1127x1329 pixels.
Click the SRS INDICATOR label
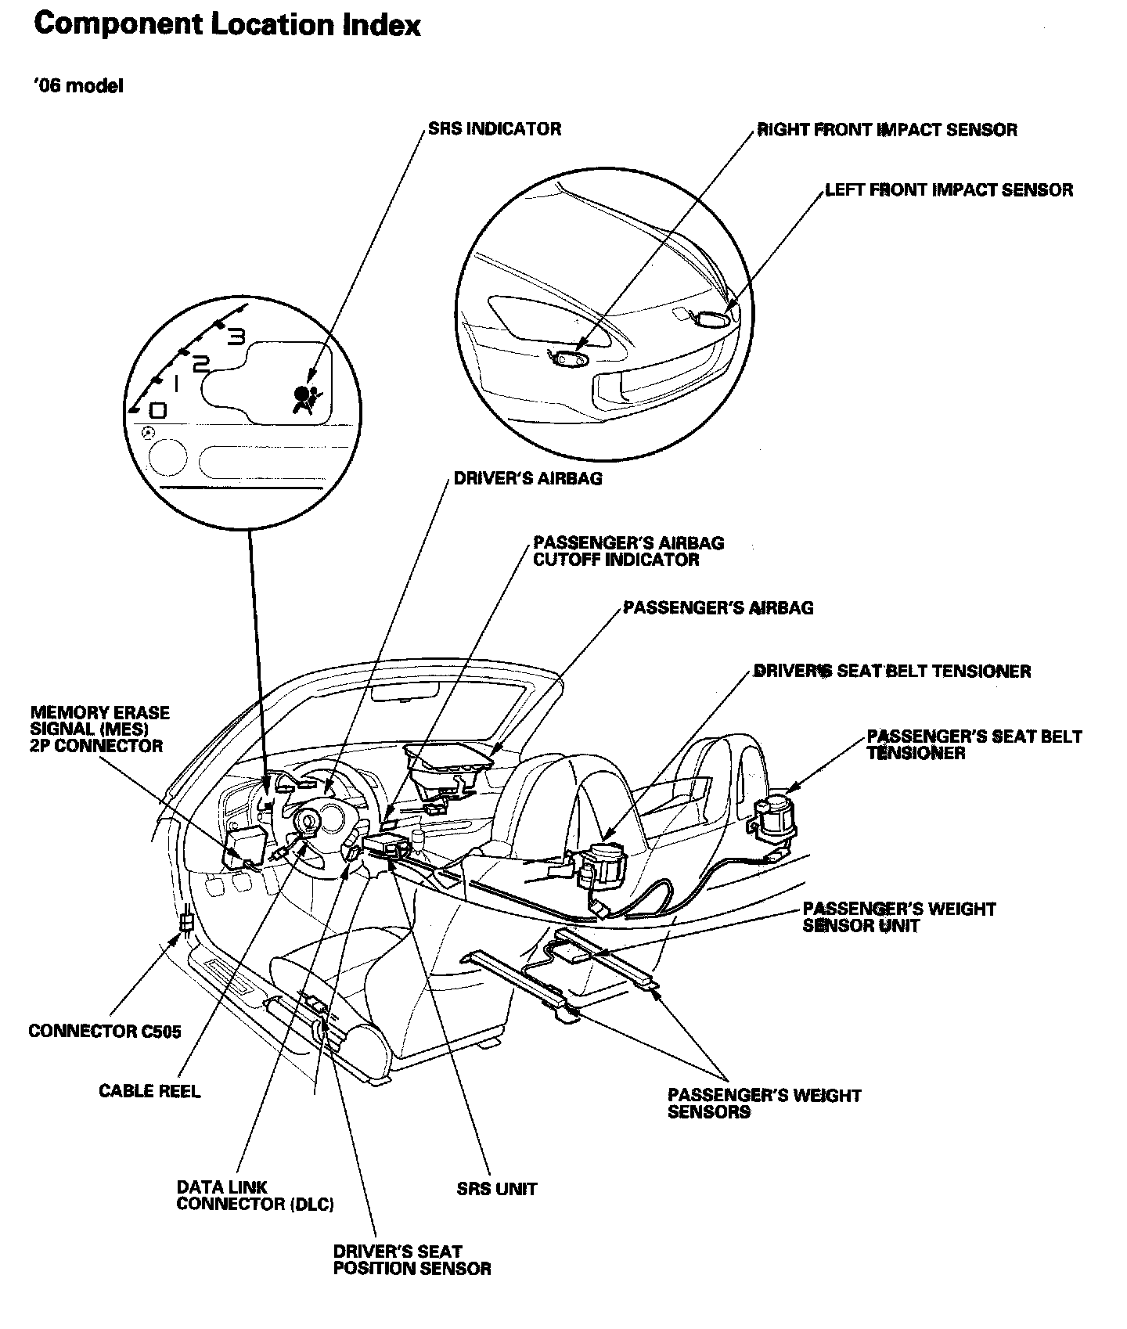(494, 129)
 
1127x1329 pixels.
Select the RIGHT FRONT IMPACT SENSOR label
(887, 130)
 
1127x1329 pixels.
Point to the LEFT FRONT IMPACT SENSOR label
(949, 190)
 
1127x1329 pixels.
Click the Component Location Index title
(228, 26)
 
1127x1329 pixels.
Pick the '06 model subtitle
(78, 86)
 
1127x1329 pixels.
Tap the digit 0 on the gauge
(157, 410)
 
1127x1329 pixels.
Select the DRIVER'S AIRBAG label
(527, 478)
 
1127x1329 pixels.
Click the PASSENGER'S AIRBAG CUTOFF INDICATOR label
(628, 551)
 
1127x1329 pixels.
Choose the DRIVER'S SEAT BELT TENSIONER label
(892, 672)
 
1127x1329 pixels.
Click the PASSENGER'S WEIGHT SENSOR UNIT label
(898, 917)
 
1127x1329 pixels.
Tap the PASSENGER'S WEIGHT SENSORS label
(764, 1104)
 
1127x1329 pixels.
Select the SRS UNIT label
(497, 1189)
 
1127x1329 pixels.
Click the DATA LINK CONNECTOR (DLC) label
(255, 1195)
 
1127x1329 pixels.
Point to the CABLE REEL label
(149, 1091)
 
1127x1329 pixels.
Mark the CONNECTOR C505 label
(104, 1031)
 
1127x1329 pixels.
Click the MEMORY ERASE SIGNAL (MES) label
(100, 729)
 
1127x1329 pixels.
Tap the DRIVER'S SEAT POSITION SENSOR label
(412, 1260)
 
